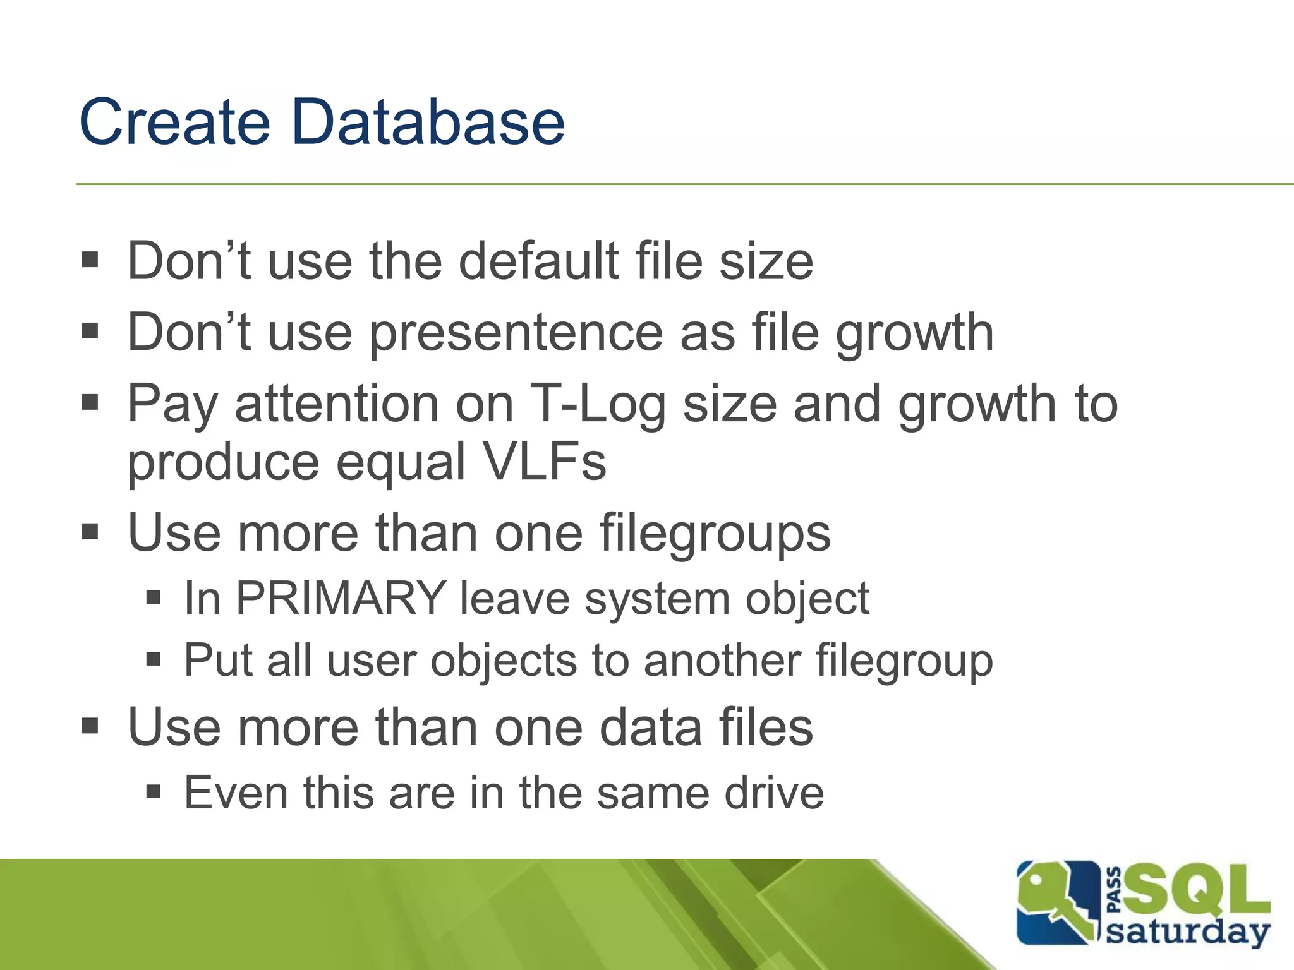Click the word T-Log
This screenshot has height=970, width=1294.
(x=598, y=404)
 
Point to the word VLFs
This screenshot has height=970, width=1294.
(x=544, y=462)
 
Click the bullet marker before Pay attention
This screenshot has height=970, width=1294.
(x=90, y=403)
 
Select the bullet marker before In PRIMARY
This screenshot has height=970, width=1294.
(x=154, y=597)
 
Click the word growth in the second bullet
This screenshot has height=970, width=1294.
(x=915, y=333)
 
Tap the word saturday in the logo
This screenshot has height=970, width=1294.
(x=1188, y=933)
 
